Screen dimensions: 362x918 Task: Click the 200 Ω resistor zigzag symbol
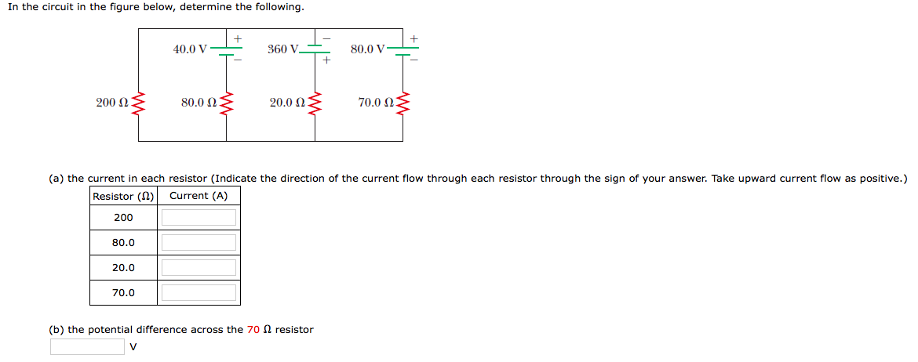[140, 103]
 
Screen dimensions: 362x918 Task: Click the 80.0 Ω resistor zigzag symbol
[227, 103]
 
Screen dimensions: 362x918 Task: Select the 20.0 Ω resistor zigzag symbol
[315, 103]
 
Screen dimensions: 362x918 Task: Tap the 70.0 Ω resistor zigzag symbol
[403, 103]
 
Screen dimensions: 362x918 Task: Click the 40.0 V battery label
[190, 49]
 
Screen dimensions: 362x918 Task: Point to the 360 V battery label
[282, 49]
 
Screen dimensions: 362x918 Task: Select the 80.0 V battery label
[367, 49]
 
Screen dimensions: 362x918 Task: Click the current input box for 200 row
[199, 217]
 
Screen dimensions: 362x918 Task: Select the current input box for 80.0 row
[199, 242]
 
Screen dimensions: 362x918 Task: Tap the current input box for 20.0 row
[199, 267]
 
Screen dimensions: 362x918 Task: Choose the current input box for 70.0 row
[199, 292]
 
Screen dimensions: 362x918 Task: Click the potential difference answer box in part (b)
[87, 346]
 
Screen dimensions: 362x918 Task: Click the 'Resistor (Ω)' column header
[124, 196]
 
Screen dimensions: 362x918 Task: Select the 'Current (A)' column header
[199, 196]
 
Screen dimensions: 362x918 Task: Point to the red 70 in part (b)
[253, 330]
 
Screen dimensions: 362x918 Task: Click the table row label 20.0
[123, 267]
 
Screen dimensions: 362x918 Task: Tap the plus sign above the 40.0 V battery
[237, 38]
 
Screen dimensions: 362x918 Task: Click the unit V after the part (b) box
[133, 346]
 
